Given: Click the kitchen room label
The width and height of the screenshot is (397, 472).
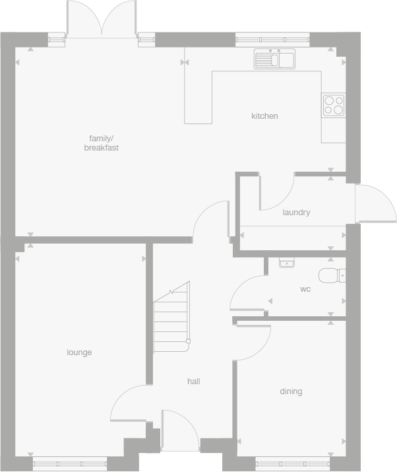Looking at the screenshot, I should pyautogui.click(x=264, y=116).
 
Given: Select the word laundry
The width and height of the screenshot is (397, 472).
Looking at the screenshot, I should pyautogui.click(x=296, y=213).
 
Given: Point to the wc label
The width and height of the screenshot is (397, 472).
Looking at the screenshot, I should pyautogui.click(x=305, y=289).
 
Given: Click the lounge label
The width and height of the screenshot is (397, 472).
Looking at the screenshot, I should pyautogui.click(x=79, y=353).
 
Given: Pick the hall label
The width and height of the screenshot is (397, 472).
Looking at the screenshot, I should pyautogui.click(x=193, y=382).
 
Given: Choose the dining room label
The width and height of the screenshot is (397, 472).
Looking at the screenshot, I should pyautogui.click(x=291, y=391).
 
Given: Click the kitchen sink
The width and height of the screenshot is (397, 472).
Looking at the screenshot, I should pyautogui.click(x=275, y=59).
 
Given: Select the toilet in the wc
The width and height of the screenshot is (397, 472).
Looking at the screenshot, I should pyautogui.click(x=330, y=275).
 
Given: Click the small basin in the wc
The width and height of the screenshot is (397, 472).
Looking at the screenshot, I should pyautogui.click(x=286, y=263).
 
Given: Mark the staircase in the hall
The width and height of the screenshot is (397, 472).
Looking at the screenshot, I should pyautogui.click(x=171, y=319).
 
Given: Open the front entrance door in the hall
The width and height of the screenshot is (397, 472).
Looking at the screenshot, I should pyautogui.click(x=179, y=430).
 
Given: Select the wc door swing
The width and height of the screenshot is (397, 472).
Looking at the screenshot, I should pyautogui.click(x=247, y=292).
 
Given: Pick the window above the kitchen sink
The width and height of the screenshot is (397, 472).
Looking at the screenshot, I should pyautogui.click(x=274, y=38).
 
